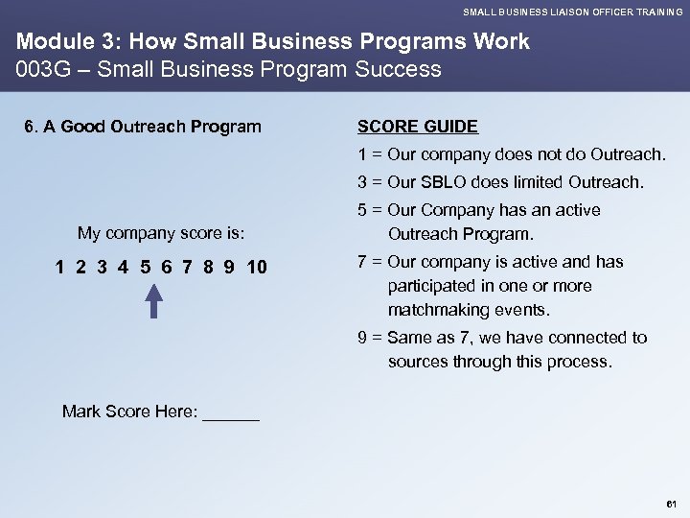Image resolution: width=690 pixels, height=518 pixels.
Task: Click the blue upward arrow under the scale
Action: (154, 299)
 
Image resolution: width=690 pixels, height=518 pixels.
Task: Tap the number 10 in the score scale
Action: (257, 266)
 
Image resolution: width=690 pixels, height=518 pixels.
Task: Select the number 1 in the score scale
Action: (60, 266)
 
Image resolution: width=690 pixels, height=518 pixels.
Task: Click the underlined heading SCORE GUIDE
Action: (417, 127)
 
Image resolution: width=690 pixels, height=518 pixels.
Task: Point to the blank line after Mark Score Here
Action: (232, 412)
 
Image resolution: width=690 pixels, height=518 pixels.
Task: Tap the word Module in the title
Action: (48, 42)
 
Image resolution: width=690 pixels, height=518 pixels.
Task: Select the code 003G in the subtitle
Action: (35, 69)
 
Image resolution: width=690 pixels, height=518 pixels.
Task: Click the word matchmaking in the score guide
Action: (436, 311)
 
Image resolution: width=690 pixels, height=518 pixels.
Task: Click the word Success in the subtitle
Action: (402, 69)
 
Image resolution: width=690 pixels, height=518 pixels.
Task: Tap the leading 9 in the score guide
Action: (362, 338)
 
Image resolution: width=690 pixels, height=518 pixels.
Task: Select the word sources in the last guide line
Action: (418, 362)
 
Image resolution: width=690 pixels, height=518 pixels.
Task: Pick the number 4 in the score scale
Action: (124, 266)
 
